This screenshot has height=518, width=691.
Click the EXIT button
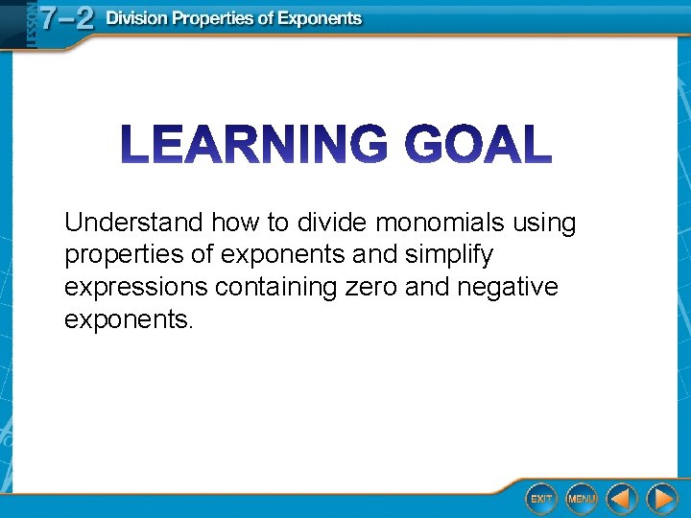click(x=541, y=499)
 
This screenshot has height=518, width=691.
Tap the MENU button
click(x=581, y=499)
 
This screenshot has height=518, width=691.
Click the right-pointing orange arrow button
click(x=661, y=499)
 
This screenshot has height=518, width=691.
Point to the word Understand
click(x=133, y=224)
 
